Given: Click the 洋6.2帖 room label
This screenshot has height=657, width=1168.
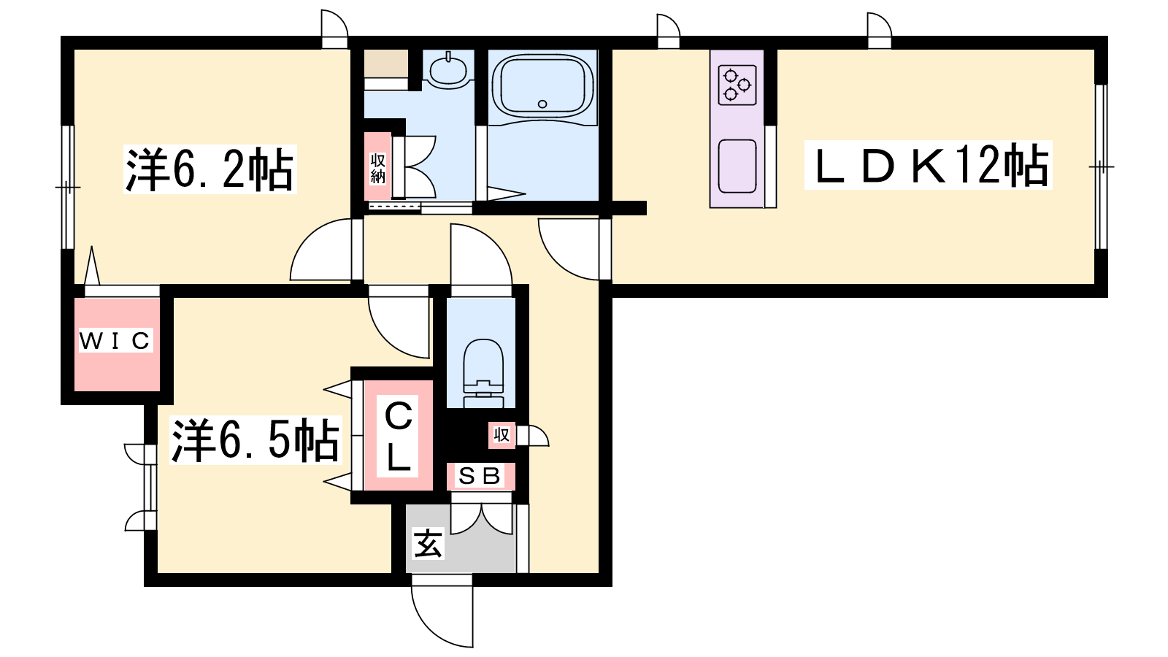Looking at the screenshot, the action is [210, 169].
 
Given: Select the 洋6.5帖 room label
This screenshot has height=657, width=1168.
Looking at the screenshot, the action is [255, 440].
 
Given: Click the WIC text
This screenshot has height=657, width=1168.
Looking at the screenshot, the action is [115, 340].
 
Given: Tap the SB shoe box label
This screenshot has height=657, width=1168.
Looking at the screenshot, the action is [480, 475].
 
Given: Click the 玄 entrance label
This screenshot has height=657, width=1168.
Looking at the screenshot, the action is [428, 543].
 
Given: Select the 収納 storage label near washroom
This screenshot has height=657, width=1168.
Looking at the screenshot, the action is [377, 168].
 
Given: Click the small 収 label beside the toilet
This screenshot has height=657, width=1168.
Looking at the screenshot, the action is [502, 434].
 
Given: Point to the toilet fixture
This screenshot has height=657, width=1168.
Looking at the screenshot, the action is [483, 373].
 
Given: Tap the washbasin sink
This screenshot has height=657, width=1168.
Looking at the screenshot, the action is [448, 70].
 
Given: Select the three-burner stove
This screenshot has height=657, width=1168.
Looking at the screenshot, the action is [737, 85].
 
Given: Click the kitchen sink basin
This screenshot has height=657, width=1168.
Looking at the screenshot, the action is [737, 166].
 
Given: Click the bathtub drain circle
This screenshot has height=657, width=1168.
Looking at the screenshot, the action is [542, 104].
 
